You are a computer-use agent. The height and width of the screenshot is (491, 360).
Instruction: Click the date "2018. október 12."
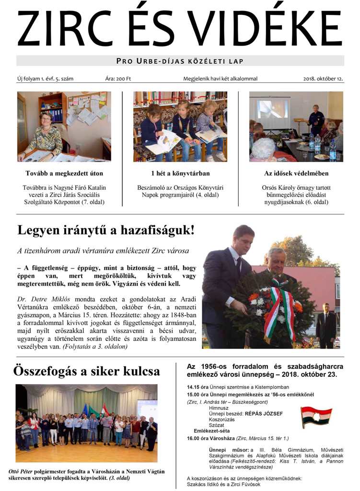coord(323,79)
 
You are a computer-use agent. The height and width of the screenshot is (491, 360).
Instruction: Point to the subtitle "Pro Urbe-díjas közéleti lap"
coord(180,61)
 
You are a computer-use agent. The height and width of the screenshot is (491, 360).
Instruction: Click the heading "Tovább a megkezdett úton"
coord(64,173)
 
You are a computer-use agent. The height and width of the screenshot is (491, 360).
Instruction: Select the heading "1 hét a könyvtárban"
coord(180,173)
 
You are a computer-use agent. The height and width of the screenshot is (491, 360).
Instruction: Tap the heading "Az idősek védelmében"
coord(296,173)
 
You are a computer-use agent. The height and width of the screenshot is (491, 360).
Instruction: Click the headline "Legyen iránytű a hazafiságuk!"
coord(106,230)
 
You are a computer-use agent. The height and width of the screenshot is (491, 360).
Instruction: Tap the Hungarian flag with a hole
coord(316,416)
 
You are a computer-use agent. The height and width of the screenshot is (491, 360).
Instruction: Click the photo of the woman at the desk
coord(64,127)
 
